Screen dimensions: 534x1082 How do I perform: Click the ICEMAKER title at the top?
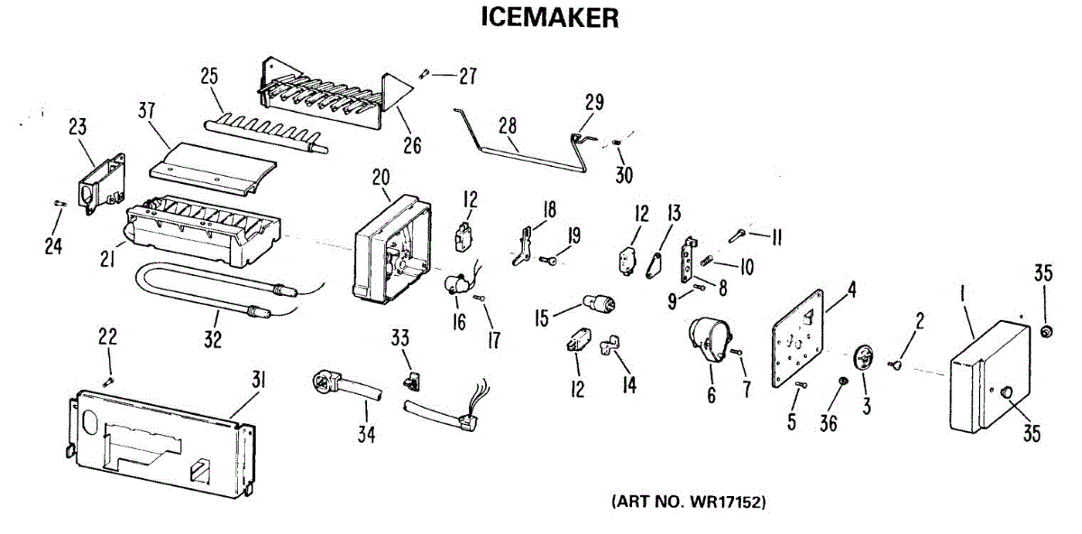(x=550, y=18)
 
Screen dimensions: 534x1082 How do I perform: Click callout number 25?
(x=209, y=77)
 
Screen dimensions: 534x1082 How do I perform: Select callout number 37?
(x=146, y=111)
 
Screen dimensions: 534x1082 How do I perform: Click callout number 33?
(x=399, y=338)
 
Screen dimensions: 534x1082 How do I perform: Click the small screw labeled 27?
(x=425, y=74)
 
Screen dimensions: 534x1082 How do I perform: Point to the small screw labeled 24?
(x=60, y=204)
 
